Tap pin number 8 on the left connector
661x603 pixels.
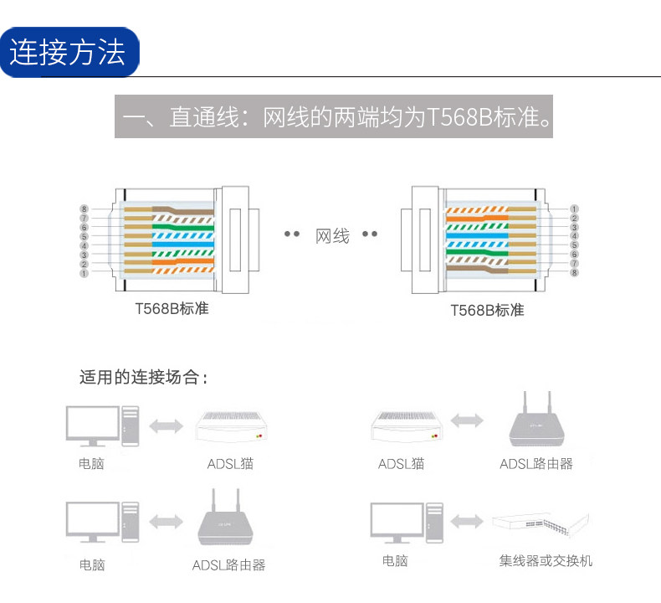click(85, 209)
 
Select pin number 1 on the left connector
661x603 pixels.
click(85, 273)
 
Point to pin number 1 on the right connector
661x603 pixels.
click(575, 209)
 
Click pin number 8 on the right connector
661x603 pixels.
click(575, 273)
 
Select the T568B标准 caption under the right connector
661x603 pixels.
click(487, 310)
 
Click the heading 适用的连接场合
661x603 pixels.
click(142, 377)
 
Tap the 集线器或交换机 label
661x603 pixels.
click(546, 560)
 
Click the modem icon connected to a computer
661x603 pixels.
click(236, 426)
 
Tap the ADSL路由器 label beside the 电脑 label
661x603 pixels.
click(228, 565)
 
